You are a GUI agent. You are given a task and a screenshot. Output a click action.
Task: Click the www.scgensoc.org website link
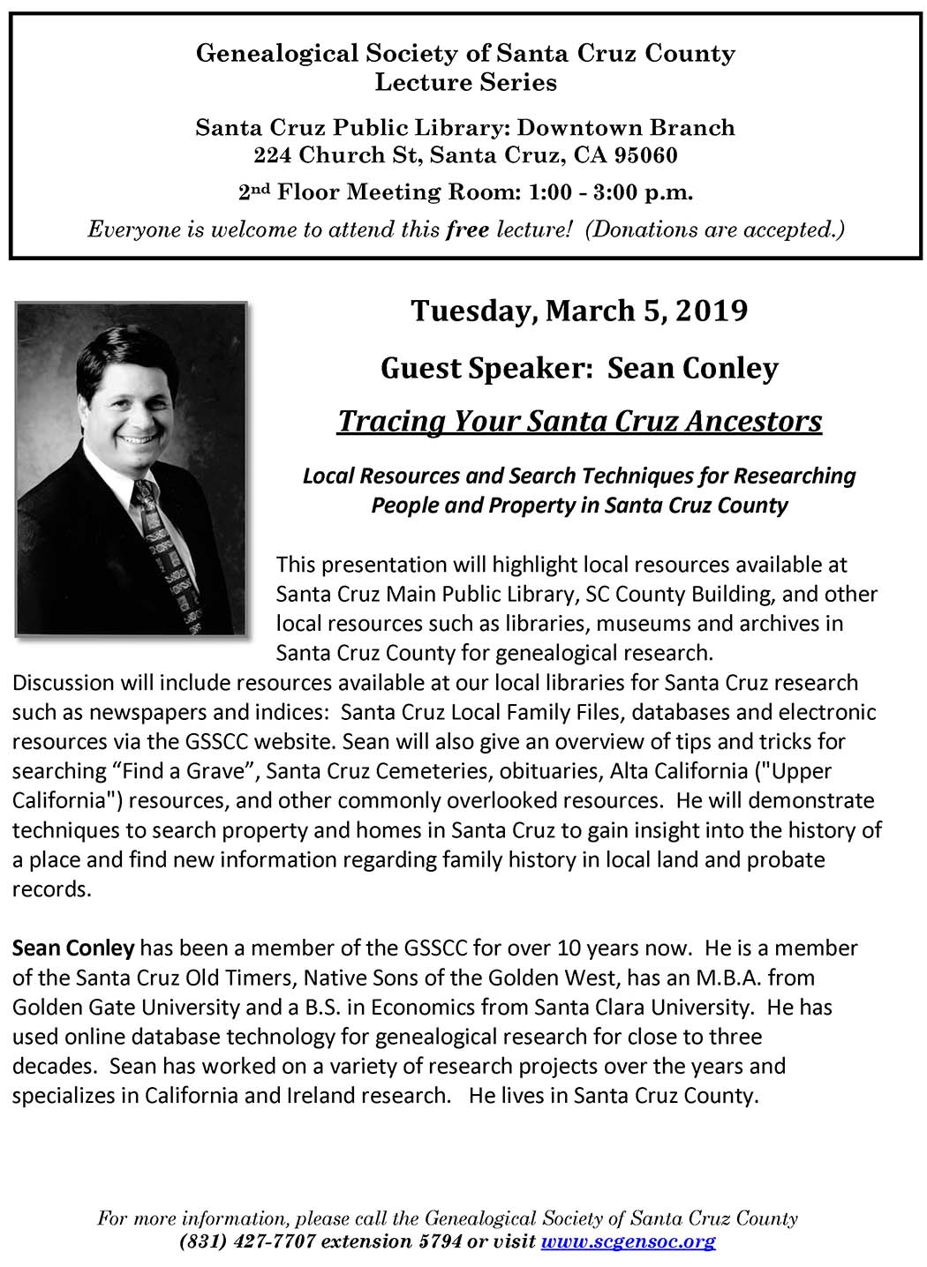628,1242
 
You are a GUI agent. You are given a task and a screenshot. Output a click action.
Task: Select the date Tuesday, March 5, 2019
580,311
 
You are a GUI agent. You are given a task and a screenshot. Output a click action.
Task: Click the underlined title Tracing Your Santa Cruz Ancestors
580,421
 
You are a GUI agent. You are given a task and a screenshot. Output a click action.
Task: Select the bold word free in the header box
468,230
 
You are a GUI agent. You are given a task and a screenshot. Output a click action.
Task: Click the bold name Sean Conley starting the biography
73,948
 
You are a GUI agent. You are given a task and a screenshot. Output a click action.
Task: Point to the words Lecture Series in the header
465,83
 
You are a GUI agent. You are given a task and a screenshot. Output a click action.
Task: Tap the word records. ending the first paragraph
51,889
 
